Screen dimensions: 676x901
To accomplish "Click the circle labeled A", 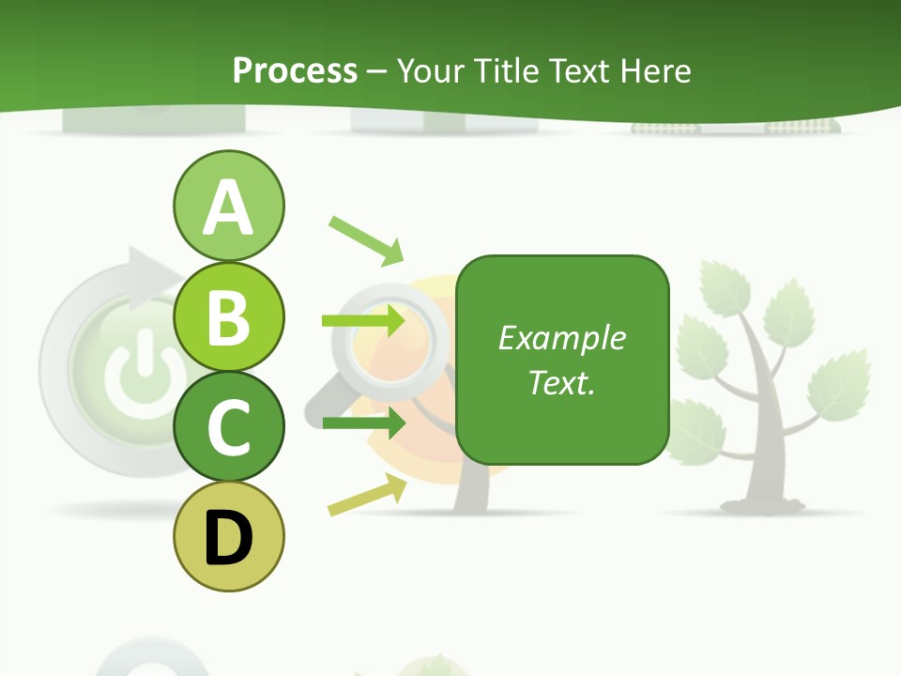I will click(228, 206).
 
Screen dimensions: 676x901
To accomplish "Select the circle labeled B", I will click(228, 316).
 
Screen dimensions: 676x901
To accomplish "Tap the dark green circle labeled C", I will click(228, 426).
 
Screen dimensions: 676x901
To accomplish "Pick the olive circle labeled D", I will click(228, 537).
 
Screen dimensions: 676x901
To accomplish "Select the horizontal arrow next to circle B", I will click(363, 322).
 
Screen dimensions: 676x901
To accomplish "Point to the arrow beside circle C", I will click(363, 422).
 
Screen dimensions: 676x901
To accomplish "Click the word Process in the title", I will click(295, 70).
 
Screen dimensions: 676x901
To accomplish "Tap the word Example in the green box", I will click(561, 338).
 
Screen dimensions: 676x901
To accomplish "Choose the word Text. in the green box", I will click(561, 382).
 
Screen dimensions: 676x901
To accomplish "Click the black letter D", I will click(228, 539).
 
